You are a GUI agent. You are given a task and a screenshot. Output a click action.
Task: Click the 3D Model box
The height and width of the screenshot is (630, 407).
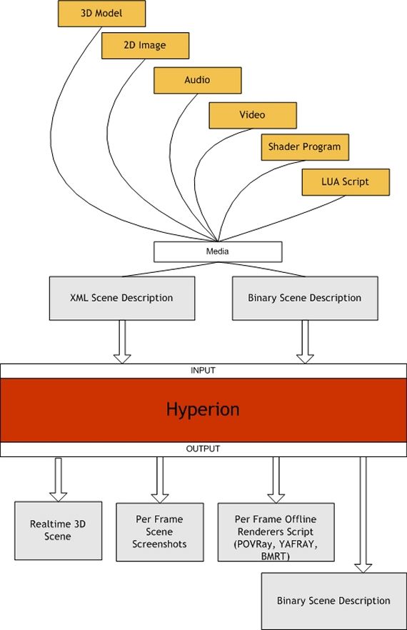pos(101,14)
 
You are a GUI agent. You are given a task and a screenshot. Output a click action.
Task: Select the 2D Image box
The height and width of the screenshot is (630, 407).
pos(145,46)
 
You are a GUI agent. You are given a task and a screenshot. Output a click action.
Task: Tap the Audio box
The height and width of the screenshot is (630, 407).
pos(197,80)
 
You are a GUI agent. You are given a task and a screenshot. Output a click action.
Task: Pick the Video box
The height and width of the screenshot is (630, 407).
pos(253,115)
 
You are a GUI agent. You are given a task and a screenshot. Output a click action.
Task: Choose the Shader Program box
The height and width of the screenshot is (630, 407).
pos(305,147)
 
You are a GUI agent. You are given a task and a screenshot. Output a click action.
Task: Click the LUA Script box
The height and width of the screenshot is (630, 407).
pos(346,182)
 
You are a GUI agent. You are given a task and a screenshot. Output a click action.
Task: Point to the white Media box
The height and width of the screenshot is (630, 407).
pos(218,252)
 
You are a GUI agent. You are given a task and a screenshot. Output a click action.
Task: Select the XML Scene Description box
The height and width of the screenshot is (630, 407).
pos(122,298)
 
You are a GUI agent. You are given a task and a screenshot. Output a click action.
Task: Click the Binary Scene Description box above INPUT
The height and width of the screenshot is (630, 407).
pos(305,298)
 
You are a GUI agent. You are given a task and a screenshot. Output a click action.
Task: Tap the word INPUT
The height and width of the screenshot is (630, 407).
pos(203,371)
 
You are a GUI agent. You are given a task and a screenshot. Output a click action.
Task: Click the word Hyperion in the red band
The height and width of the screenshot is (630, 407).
pos(203,409)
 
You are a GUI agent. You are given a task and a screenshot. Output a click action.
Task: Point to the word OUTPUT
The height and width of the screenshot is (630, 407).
pos(203,449)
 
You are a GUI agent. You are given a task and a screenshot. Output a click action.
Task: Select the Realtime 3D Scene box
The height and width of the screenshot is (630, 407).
pos(59,530)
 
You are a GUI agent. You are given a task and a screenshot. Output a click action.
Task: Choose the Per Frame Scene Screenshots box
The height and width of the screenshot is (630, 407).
pos(159,532)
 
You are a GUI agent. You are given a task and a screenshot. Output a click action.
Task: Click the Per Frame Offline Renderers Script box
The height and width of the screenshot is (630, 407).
pos(276,532)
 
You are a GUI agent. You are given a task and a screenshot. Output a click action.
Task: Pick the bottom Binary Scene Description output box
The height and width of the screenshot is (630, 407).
pos(334,601)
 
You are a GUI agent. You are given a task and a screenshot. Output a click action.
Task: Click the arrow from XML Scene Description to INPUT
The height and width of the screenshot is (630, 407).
pos(122,342)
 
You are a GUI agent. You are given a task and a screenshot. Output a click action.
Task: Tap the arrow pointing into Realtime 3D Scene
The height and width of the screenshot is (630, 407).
pos(59,479)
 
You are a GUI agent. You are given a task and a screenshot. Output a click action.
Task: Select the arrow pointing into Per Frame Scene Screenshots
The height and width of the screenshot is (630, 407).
pos(159,480)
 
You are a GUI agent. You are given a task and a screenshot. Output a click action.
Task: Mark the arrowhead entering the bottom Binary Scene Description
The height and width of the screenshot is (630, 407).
pos(363,568)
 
